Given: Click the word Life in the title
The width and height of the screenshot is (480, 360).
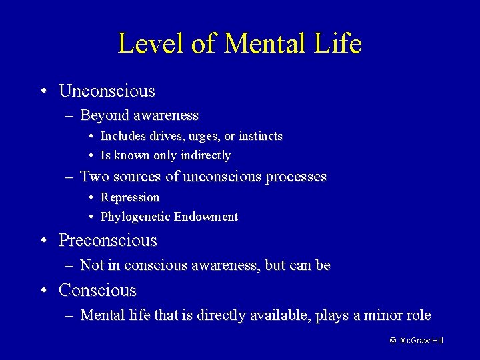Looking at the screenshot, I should (339, 44).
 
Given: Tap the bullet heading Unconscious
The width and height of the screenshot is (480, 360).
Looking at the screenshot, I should (107, 91).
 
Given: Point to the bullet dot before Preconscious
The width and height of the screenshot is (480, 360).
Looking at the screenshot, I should (43, 240).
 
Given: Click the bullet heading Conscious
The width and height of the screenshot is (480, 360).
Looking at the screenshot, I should (97, 291).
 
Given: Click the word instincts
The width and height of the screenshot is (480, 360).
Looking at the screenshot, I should (261, 136).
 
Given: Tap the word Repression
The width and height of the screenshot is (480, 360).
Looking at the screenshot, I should (130, 197).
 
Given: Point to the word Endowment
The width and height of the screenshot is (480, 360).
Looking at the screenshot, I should (206, 217).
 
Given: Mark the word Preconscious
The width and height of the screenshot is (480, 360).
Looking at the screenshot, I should (108, 240).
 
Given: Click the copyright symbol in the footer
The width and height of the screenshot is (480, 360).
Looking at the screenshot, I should (393, 341).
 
